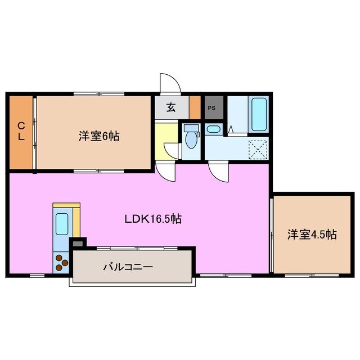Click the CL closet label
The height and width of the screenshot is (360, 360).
[x=20, y=133]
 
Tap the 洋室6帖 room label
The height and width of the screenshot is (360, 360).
[x=99, y=136]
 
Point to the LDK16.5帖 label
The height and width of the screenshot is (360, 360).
[x=152, y=219]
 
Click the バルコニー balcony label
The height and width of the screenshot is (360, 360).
[x=128, y=267]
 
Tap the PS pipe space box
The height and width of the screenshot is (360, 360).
[x=213, y=107]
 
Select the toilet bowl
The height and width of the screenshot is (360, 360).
[x=191, y=141]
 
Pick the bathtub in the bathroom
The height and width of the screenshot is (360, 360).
[x=259, y=114]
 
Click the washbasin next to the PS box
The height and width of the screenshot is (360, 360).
[x=214, y=129]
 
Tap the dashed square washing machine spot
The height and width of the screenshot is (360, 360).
[x=258, y=149]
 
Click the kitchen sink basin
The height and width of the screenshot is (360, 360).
[x=61, y=223]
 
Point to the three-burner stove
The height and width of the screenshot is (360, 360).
[x=61, y=262]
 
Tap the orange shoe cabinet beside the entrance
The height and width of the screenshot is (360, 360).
[x=195, y=106]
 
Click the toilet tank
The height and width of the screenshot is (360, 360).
[x=191, y=128]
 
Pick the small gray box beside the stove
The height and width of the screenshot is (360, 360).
[x=78, y=243]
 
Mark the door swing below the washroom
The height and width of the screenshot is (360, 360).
[x=218, y=170]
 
